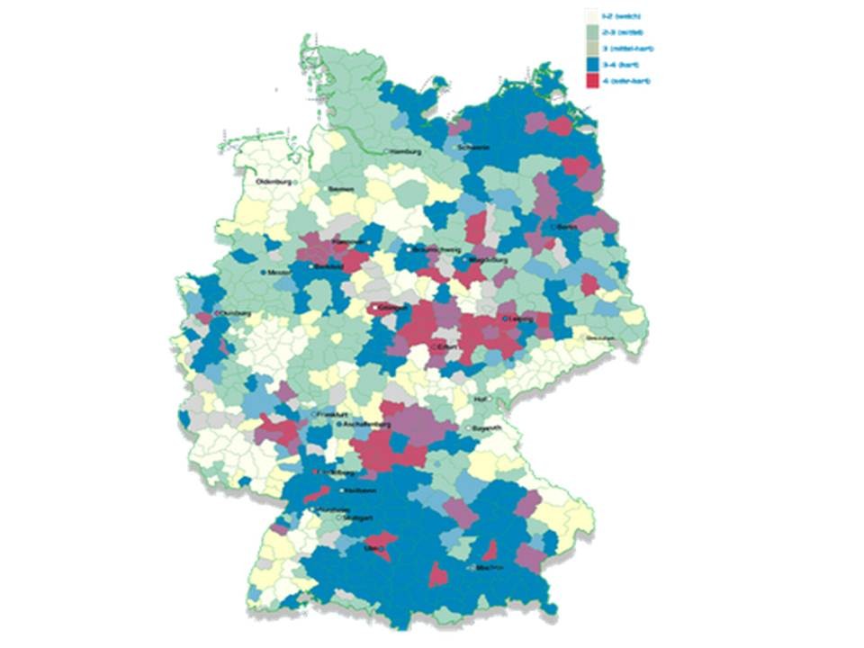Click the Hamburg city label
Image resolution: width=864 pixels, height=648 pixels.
pos(407,152)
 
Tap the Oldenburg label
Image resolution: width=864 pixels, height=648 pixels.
pos(275,182)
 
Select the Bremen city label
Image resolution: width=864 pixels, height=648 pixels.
pos(342,189)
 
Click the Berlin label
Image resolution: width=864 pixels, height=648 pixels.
pos(567,229)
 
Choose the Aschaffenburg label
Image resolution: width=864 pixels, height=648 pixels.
pos(365,423)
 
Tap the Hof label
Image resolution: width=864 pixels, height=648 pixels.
pos(481,398)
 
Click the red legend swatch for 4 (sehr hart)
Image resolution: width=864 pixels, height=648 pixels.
pos(592,82)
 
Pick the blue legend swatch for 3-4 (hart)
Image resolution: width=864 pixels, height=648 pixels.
pos(592,65)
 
